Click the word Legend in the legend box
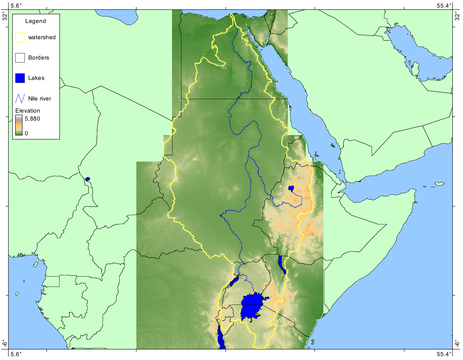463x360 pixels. (35, 21)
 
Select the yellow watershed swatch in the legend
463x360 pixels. (20, 37)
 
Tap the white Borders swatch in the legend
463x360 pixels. (20, 58)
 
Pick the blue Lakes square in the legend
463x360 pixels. (20, 78)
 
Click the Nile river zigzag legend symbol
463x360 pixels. (20, 98)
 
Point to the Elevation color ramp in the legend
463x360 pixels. (19, 125)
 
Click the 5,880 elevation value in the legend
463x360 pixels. (32, 119)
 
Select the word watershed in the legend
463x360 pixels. (42, 37)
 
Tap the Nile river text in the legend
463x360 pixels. (39, 98)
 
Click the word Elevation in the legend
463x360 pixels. (28, 111)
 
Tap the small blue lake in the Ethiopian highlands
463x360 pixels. (291, 188)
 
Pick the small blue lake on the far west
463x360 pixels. (87, 179)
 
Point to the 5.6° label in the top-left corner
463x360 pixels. (16, 6)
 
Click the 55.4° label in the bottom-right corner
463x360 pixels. (444, 354)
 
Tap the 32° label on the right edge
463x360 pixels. (457, 16)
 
